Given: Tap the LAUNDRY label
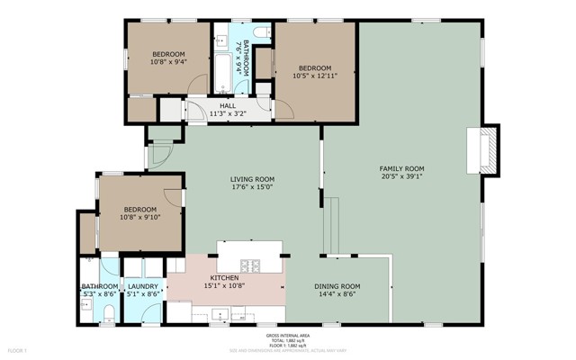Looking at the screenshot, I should point(142,286).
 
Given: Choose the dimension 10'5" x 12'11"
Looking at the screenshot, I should point(314,76).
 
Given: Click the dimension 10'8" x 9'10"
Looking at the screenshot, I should point(139,216).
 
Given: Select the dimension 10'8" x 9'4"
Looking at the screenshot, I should point(167,61).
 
